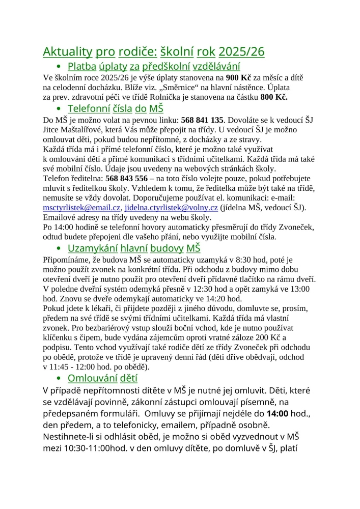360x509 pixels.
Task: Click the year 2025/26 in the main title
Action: (x=242, y=51)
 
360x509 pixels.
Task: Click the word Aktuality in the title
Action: (x=67, y=51)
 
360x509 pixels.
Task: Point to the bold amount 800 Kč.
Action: (x=274, y=96)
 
